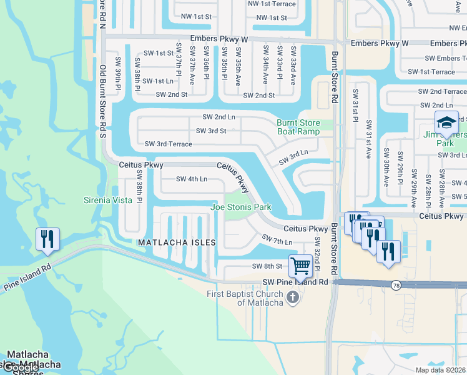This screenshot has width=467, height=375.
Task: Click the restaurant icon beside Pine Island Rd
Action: click(47, 239)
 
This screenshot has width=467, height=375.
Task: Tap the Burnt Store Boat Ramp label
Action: click(298, 127)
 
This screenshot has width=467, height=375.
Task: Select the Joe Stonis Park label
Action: click(241, 207)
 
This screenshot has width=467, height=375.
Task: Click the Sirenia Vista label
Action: click(108, 201)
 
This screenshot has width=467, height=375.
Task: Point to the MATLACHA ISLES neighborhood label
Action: click(177, 242)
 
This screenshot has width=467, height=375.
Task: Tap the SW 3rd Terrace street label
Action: click(168, 144)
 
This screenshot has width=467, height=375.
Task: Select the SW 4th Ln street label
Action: click(191, 179)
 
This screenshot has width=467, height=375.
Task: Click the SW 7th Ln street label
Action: click(277, 239)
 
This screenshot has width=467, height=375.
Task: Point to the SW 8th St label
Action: click(267, 266)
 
